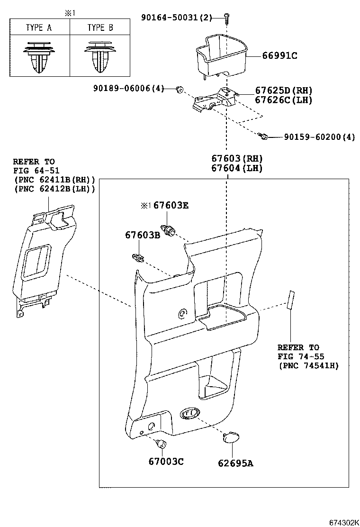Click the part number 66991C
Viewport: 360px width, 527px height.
[280, 55]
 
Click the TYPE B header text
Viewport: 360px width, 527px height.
[100, 27]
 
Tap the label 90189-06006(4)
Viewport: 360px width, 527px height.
[129, 88]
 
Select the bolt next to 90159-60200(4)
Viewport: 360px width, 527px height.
[264, 136]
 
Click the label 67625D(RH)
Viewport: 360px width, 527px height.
[284, 91]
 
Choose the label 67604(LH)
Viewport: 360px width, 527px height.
[237, 168]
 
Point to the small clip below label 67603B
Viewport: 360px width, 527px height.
[137, 257]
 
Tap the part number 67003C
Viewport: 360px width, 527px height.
[166, 462]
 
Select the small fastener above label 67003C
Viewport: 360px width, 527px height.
[161, 444]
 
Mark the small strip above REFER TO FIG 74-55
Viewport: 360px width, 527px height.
[291, 300]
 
